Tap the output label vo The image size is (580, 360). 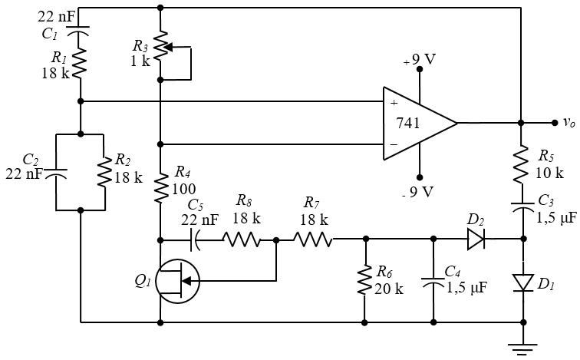(x=568, y=122)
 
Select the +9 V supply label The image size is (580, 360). (x=420, y=60)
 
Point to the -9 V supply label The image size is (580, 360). (x=419, y=191)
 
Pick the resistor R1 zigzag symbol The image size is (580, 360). (x=81, y=66)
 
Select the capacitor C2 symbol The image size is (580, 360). (x=57, y=171)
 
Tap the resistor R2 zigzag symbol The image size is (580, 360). (x=103, y=171)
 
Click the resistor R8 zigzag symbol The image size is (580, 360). (x=242, y=239)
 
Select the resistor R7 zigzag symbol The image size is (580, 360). (x=312, y=239)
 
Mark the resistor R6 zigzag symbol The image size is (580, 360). (x=364, y=281)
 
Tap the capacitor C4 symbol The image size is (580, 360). (x=433, y=282)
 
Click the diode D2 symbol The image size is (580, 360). (x=476, y=239)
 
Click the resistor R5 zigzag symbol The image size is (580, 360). (x=521, y=163)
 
